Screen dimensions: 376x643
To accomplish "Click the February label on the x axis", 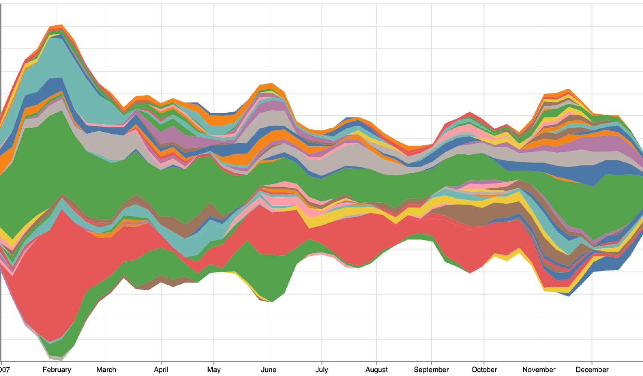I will coord(57,370).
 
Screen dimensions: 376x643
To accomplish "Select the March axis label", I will coord(106,370).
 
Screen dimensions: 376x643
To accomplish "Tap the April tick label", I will coord(161,370).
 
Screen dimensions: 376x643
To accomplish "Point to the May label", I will coord(213,370).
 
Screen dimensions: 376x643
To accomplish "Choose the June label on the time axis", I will coord(269,370).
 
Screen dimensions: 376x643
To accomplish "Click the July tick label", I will coord(321,370).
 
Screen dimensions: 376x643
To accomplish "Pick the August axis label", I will coord(376,370).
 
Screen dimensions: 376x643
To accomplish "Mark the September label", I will coord(431,370).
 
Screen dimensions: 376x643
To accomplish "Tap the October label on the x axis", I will coord(484,370).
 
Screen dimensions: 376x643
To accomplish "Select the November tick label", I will coord(539,370).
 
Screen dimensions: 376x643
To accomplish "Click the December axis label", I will coord(592,370).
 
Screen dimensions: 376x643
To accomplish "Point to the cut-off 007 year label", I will coord(5,370).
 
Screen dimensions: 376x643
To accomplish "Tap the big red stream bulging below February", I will coord(51,283).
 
